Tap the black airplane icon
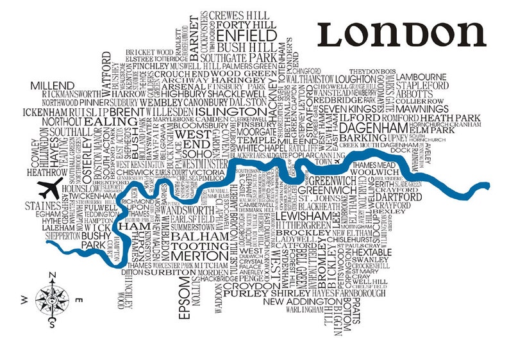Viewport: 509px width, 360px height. coord(49,187)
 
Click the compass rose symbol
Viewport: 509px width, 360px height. coord(51,297)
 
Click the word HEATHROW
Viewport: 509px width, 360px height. coord(46,172)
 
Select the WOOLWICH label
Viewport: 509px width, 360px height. coord(373,174)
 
